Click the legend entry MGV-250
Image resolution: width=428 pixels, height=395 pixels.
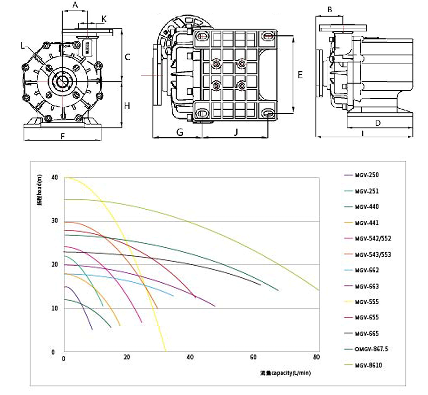[367, 175]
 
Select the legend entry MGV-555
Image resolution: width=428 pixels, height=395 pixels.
[367, 302]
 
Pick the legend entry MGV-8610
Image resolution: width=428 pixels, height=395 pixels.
[369, 365]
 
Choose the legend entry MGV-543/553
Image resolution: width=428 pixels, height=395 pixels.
[373, 254]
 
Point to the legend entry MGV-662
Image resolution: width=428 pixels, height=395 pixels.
[367, 270]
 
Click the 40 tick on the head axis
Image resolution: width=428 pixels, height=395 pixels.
[55, 178]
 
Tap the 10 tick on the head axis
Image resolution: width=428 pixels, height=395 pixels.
[55, 308]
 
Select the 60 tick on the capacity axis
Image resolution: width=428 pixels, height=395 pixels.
[254, 358]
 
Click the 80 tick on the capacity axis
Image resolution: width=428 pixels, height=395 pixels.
[317, 358]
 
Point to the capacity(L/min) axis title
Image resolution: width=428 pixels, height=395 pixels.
[286, 373]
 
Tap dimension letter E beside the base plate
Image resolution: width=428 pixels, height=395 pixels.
[299, 74]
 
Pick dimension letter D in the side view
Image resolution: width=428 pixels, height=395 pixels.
[377, 123]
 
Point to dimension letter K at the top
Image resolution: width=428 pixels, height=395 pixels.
[104, 19]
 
